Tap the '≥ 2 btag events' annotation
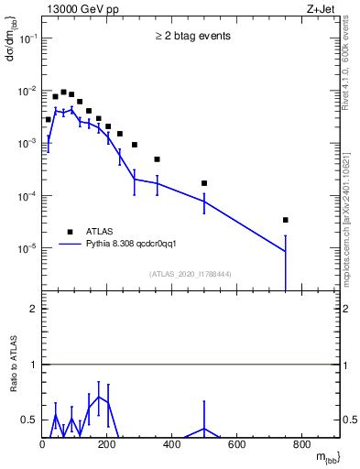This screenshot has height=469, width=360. coord(192,37)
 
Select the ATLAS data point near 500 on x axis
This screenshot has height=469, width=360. coord(204,183)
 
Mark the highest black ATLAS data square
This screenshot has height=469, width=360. coord(63,92)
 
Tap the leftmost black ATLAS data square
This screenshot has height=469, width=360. coord(48,119)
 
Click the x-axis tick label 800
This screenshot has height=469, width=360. coord(302,445)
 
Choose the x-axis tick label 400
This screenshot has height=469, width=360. coord(172,445)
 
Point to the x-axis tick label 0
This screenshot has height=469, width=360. coord(42,445)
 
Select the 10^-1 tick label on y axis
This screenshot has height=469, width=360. coord(28,38)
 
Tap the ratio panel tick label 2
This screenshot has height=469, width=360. coord(33,309)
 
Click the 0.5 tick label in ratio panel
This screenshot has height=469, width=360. coord(29,420)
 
